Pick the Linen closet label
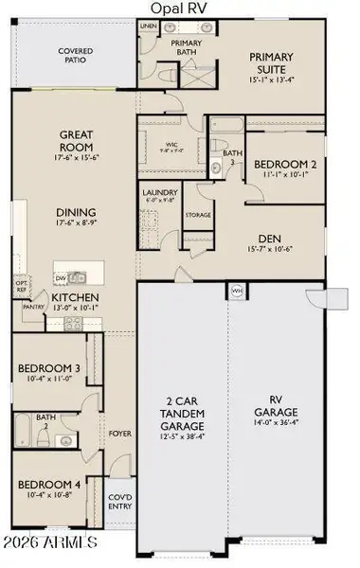[148, 27]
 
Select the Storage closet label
[198, 215]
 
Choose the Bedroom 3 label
[47, 372]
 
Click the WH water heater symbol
[237, 290]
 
